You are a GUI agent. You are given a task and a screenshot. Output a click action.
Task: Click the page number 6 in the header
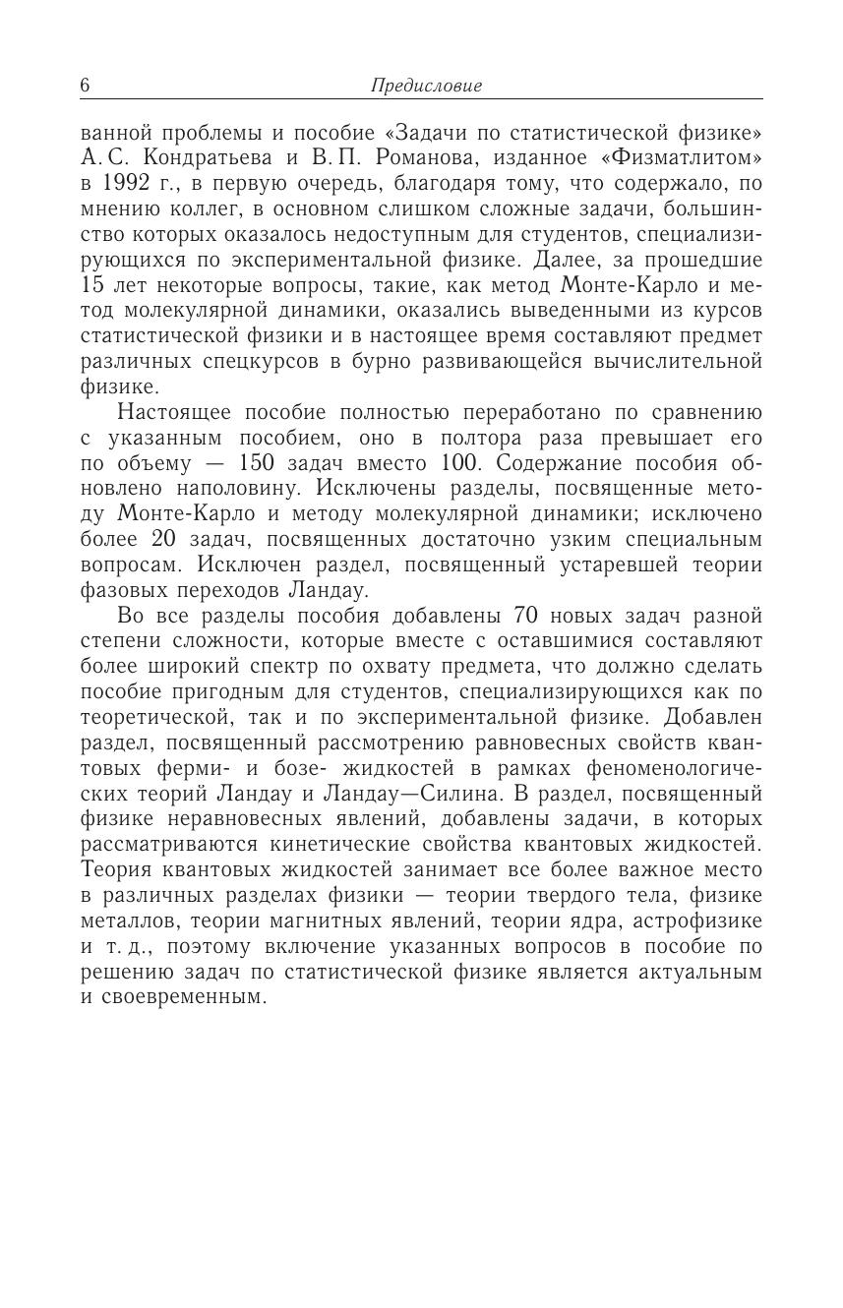point(85,86)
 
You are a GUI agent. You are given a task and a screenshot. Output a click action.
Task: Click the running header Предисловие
point(426,86)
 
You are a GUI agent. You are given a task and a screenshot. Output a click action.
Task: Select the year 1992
point(122,184)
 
